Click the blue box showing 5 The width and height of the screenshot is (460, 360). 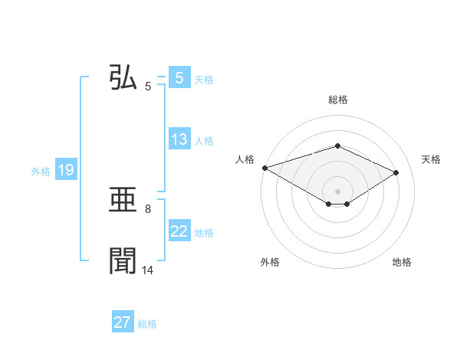click(x=179, y=78)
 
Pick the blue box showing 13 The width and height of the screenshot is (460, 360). click(x=179, y=139)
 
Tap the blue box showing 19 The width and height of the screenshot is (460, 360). click(x=66, y=170)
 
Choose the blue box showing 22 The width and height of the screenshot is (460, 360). click(x=179, y=231)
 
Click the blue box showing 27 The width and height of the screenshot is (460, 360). click(x=123, y=322)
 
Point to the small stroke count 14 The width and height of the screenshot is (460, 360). click(x=148, y=270)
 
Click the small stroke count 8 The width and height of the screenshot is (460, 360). click(x=148, y=208)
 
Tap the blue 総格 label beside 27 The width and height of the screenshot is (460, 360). click(x=147, y=324)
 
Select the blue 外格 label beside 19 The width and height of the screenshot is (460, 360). click(x=41, y=172)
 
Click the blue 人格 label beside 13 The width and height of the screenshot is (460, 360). click(x=204, y=141)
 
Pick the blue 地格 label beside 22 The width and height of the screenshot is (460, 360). click(x=204, y=233)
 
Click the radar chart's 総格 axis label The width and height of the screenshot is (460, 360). click(x=337, y=100)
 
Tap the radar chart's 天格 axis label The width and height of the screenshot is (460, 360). click(x=432, y=159)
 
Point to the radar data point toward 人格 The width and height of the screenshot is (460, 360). click(x=264, y=167)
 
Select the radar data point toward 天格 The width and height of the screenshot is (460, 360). click(x=396, y=172)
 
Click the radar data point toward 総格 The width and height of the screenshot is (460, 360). click(x=337, y=146)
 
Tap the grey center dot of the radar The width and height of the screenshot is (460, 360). click(x=337, y=191)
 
